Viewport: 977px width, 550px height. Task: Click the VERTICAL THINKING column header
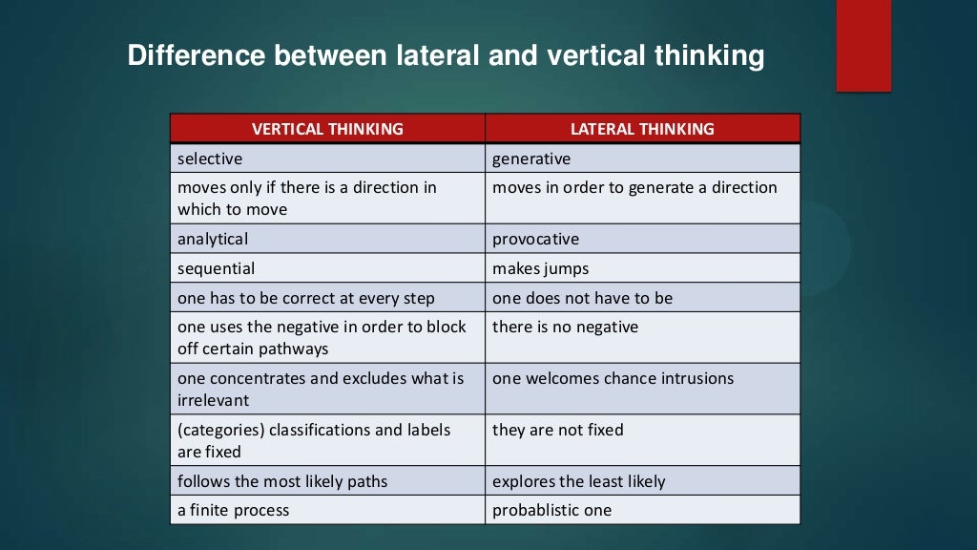click(x=327, y=129)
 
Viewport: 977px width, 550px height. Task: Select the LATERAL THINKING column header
click(x=642, y=129)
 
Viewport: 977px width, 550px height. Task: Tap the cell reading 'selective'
click(x=210, y=159)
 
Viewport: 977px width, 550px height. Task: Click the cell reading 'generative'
click(x=531, y=159)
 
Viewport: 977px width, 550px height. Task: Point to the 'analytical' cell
click(x=213, y=239)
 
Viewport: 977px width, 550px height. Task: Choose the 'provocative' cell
click(x=535, y=239)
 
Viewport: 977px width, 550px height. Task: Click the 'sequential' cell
click(x=216, y=268)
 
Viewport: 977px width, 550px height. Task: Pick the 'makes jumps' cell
click(x=540, y=268)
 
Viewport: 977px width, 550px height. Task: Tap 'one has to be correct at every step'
click(x=305, y=298)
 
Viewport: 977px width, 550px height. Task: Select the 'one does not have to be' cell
click(x=582, y=298)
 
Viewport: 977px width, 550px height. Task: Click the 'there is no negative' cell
click(x=565, y=327)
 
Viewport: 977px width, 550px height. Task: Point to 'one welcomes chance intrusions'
click(x=613, y=378)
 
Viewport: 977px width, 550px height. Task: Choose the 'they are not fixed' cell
click(x=557, y=430)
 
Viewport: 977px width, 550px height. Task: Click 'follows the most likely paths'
click(x=282, y=481)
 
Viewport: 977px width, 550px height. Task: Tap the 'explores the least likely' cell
click(x=578, y=481)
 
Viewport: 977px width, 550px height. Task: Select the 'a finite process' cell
click(x=233, y=510)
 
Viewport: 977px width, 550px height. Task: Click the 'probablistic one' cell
click(x=551, y=510)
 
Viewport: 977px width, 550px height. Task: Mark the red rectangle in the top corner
click(x=863, y=46)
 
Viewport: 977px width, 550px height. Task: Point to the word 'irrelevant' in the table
click(x=214, y=400)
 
